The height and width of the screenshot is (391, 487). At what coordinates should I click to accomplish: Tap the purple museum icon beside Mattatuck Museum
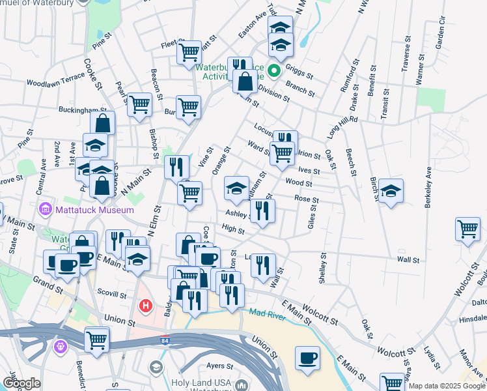(45, 210)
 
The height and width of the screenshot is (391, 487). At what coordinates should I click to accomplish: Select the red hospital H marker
(146, 304)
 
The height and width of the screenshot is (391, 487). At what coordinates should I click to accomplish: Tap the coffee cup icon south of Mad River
(307, 358)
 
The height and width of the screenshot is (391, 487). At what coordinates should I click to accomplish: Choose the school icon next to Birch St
(391, 191)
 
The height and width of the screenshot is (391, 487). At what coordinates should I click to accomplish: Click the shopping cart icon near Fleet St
(189, 51)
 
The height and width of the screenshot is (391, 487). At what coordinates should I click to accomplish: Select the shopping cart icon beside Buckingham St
(139, 104)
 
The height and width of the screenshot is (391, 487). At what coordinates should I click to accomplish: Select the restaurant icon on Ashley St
(262, 210)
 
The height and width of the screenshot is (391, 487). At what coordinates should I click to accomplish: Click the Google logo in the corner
(21, 383)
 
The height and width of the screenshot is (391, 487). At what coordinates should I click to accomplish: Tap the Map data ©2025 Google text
(447, 386)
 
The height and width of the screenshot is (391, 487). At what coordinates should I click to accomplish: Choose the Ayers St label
(220, 366)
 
